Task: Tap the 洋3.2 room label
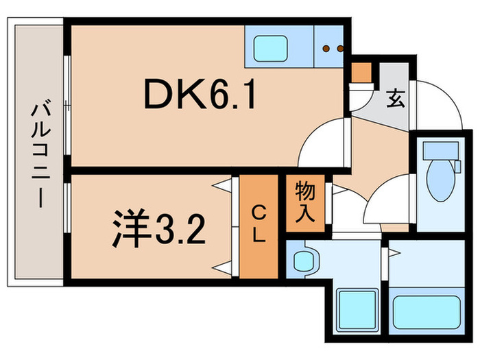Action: click(158, 230)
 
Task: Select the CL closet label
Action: click(258, 224)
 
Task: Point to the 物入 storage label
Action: click(304, 204)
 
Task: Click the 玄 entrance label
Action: click(395, 97)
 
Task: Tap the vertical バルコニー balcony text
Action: click(38, 155)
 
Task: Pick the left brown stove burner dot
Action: click(326, 48)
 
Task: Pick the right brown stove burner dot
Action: click(339, 48)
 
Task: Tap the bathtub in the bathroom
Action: click(425, 312)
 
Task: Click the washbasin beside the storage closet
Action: click(304, 261)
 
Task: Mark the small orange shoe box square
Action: click(361, 71)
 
